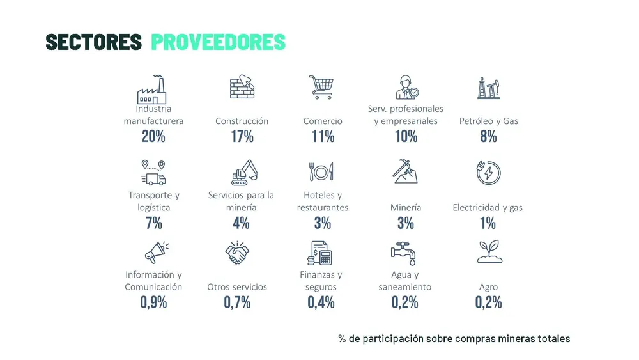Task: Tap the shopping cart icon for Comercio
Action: pyautogui.click(x=321, y=88)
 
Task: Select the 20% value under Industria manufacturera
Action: pyautogui.click(x=153, y=136)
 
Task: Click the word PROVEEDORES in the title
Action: pyautogui.click(x=218, y=42)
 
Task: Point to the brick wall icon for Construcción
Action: pyautogui.click(x=243, y=88)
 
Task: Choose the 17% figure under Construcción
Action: pyautogui.click(x=242, y=136)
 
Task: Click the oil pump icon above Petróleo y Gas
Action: pyautogui.click(x=488, y=88)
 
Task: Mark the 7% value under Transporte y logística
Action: pyautogui.click(x=153, y=223)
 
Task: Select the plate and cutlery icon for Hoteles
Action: pyautogui.click(x=321, y=172)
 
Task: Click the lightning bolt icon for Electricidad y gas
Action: pyautogui.click(x=488, y=173)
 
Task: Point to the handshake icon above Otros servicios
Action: pyautogui.click(x=237, y=253)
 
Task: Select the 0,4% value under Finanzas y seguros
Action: pyautogui.click(x=321, y=302)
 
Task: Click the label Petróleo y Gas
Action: pyautogui.click(x=489, y=121)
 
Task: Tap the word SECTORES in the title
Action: pyautogui.click(x=94, y=42)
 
